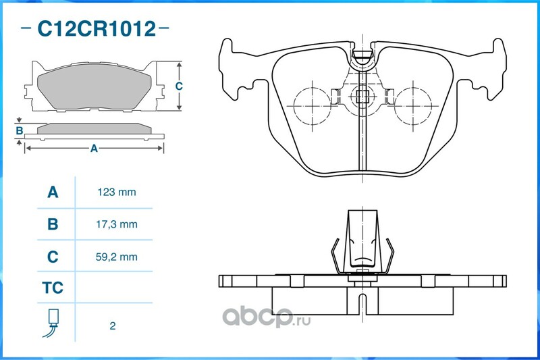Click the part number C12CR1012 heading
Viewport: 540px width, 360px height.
point(97,28)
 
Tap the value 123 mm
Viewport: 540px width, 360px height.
point(116,192)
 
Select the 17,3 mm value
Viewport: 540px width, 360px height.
point(116,224)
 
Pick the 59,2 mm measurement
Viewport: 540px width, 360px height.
point(116,257)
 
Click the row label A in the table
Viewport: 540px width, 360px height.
point(53,192)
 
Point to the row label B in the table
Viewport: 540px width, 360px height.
point(53,224)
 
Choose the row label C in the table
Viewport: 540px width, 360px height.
point(53,257)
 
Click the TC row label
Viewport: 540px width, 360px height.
point(53,288)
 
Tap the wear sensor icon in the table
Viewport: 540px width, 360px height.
point(51,323)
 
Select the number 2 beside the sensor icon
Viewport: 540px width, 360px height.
point(113,326)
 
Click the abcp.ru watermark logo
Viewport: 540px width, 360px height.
point(266,316)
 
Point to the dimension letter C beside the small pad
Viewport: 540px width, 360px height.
point(179,86)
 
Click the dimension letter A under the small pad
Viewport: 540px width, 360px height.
point(94,149)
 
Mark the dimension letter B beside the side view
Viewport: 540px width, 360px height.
point(20,130)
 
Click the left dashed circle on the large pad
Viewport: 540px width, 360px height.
point(312,105)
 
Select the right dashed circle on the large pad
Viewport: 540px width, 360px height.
point(413,105)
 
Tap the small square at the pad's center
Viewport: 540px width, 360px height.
point(362,97)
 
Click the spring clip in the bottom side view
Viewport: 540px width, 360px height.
point(362,243)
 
